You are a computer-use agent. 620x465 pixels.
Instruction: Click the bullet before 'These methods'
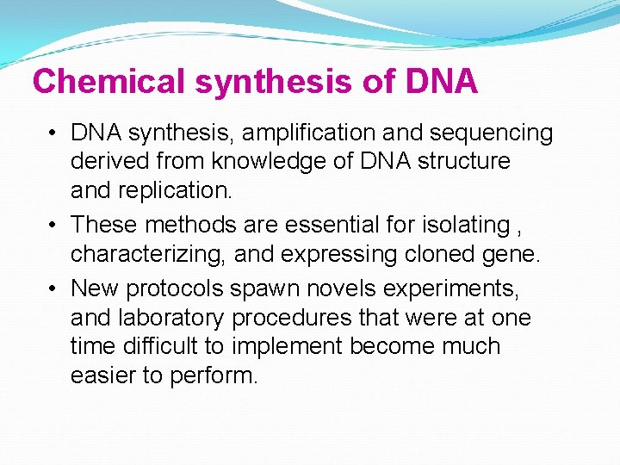54,226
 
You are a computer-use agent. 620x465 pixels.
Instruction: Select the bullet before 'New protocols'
54,288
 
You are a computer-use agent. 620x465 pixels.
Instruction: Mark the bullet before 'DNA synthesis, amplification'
54,133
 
